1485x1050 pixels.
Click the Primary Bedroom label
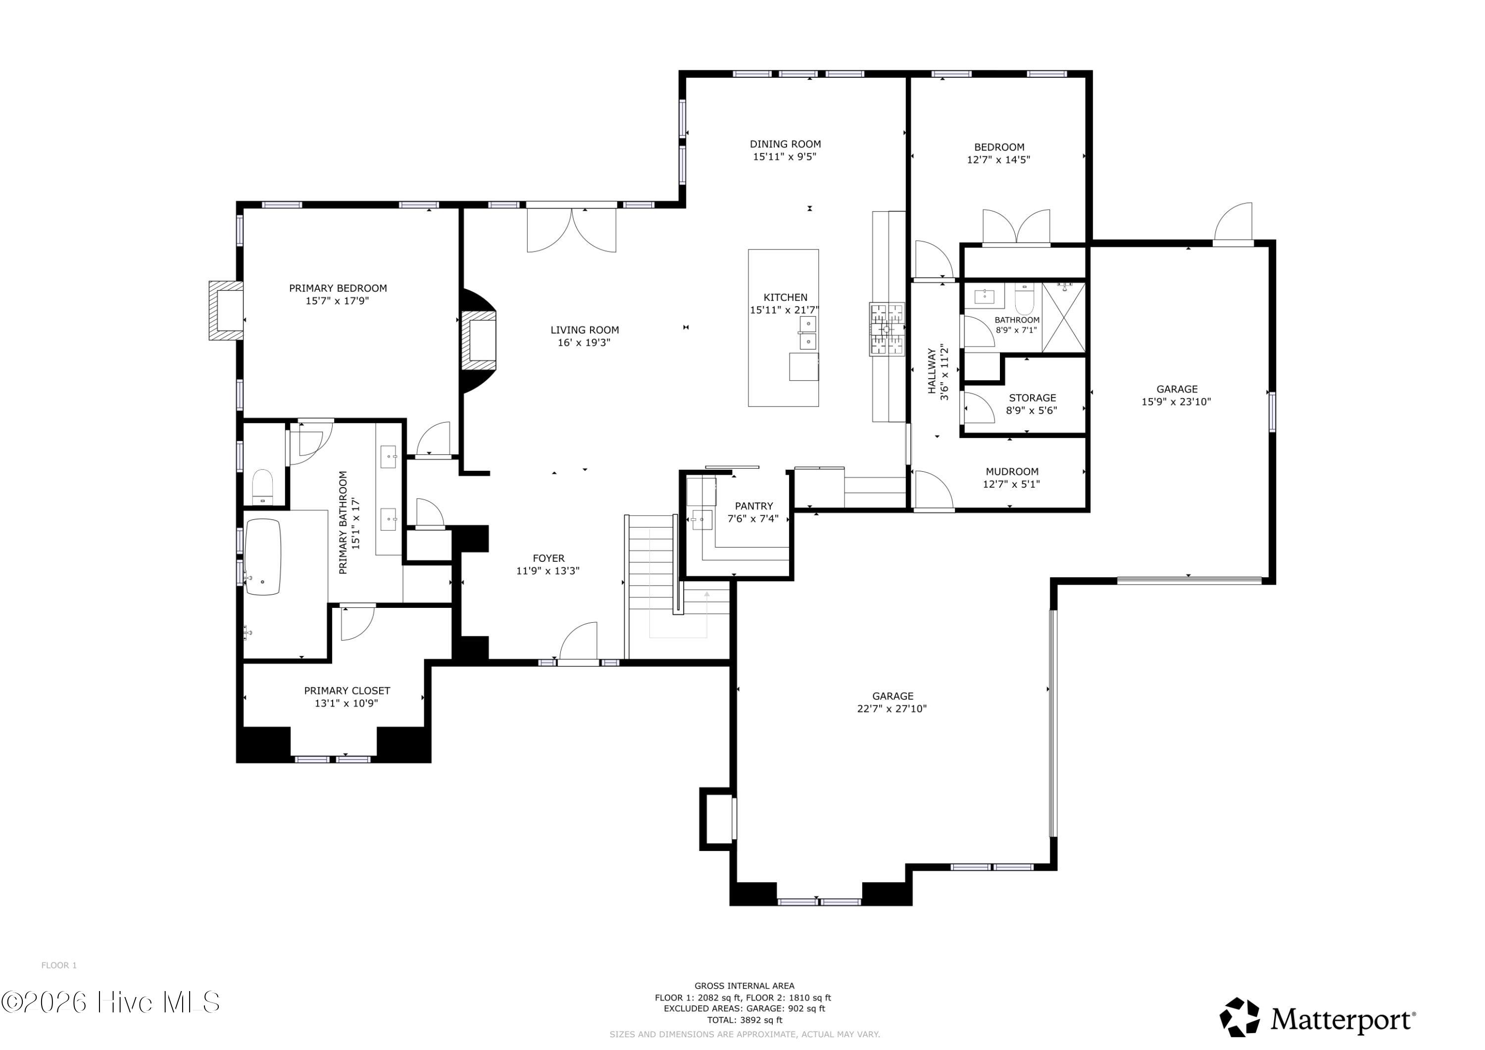pos(338,289)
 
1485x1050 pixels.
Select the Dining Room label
pos(785,144)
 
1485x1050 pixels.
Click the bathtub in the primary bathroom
pos(262,556)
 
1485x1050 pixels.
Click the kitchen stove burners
pos(887,329)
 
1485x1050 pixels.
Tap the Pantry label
pos(753,506)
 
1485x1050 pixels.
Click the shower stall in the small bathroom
pos(1063,318)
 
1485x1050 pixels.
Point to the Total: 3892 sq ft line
pos(744,1020)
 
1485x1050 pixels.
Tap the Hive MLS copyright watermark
pos(110,1002)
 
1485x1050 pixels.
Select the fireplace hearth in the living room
pos(479,341)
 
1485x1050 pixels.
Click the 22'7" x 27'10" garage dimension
pos(892,708)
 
